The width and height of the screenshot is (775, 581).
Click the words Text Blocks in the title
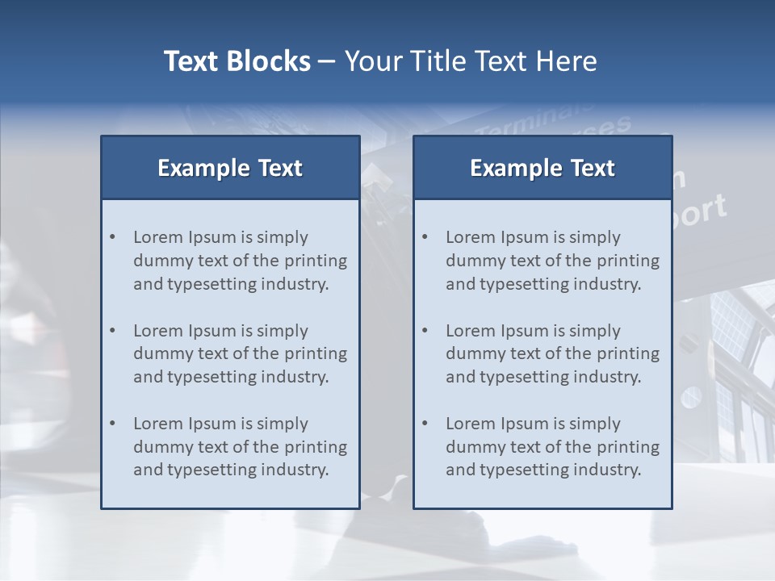point(237,61)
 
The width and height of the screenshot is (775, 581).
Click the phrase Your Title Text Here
point(471,61)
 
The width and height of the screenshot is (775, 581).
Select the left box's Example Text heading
point(230,168)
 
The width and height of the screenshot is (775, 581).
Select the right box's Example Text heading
point(542,168)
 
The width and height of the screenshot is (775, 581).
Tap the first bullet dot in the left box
point(112,237)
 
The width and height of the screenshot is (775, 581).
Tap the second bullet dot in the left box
point(112,331)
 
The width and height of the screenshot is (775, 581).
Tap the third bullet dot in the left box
point(112,424)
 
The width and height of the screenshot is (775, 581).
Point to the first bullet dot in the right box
point(425,237)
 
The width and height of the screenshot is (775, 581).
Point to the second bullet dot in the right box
point(425,331)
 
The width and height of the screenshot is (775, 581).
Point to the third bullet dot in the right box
point(425,424)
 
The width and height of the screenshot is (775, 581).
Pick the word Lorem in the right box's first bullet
point(469,237)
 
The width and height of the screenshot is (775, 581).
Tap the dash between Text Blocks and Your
point(327,61)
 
